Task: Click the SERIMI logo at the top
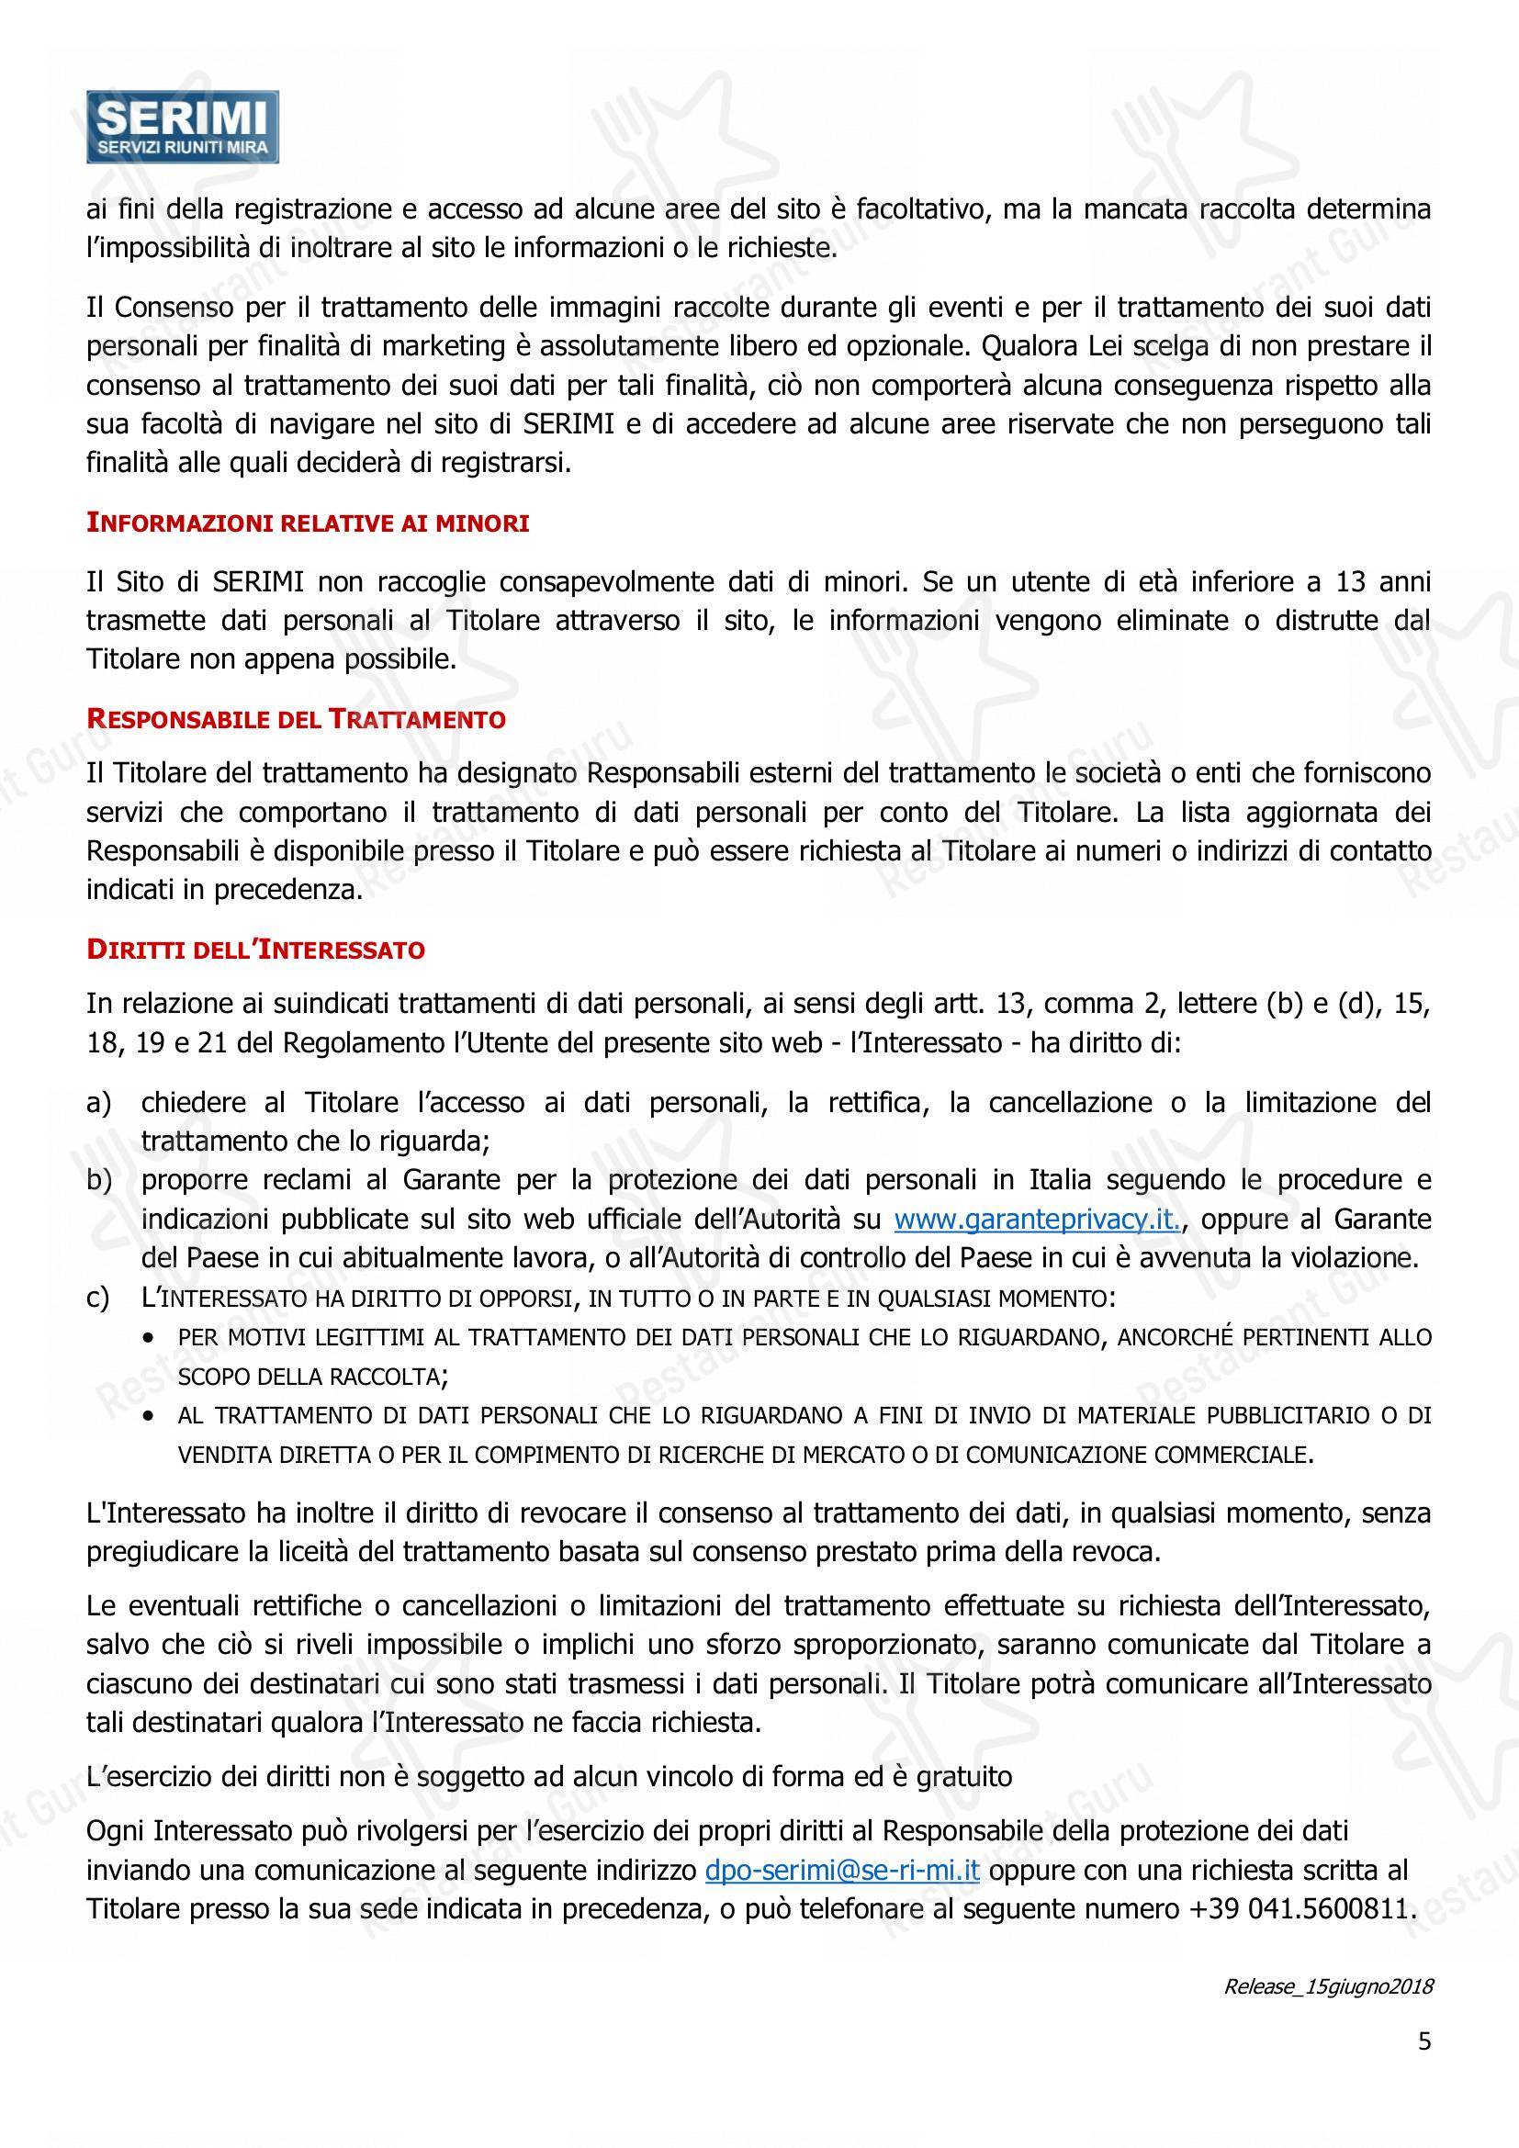coord(183,128)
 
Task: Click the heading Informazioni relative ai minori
coord(308,523)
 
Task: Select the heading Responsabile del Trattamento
coord(296,719)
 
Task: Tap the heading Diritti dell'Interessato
coord(255,950)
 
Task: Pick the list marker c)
coord(98,1299)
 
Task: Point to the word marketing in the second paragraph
coord(443,346)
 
